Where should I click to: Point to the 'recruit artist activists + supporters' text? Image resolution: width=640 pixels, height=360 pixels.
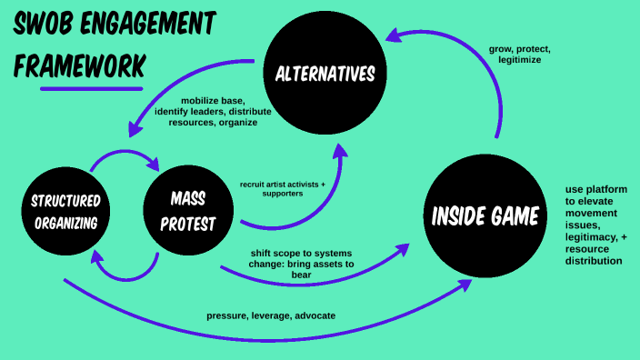[283, 188]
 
